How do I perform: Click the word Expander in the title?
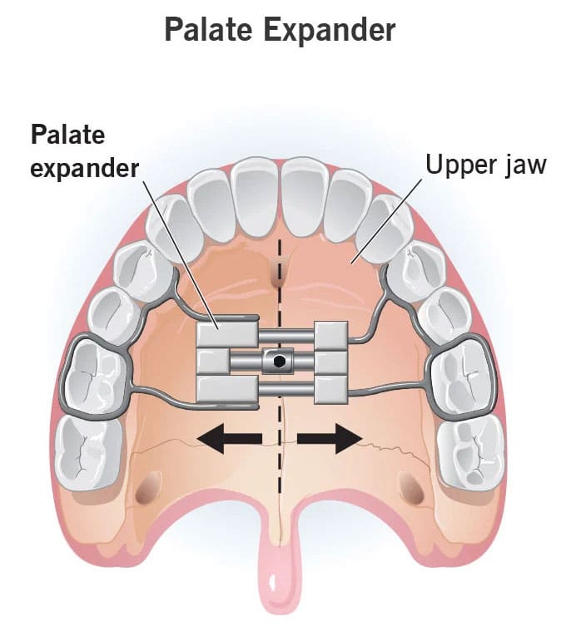[x=330, y=30]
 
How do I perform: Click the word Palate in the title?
[x=208, y=29]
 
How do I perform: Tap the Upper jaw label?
[x=486, y=165]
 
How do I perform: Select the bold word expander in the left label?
[x=85, y=168]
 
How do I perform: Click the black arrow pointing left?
[x=229, y=438]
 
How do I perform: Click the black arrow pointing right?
[x=330, y=438]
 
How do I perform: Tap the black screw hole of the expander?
[x=280, y=361]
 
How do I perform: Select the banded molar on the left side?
[x=97, y=376]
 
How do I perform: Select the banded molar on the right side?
[x=463, y=376]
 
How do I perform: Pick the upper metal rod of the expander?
[x=286, y=337]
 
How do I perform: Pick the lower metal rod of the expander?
[x=286, y=389]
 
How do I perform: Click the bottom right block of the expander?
[x=331, y=389]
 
